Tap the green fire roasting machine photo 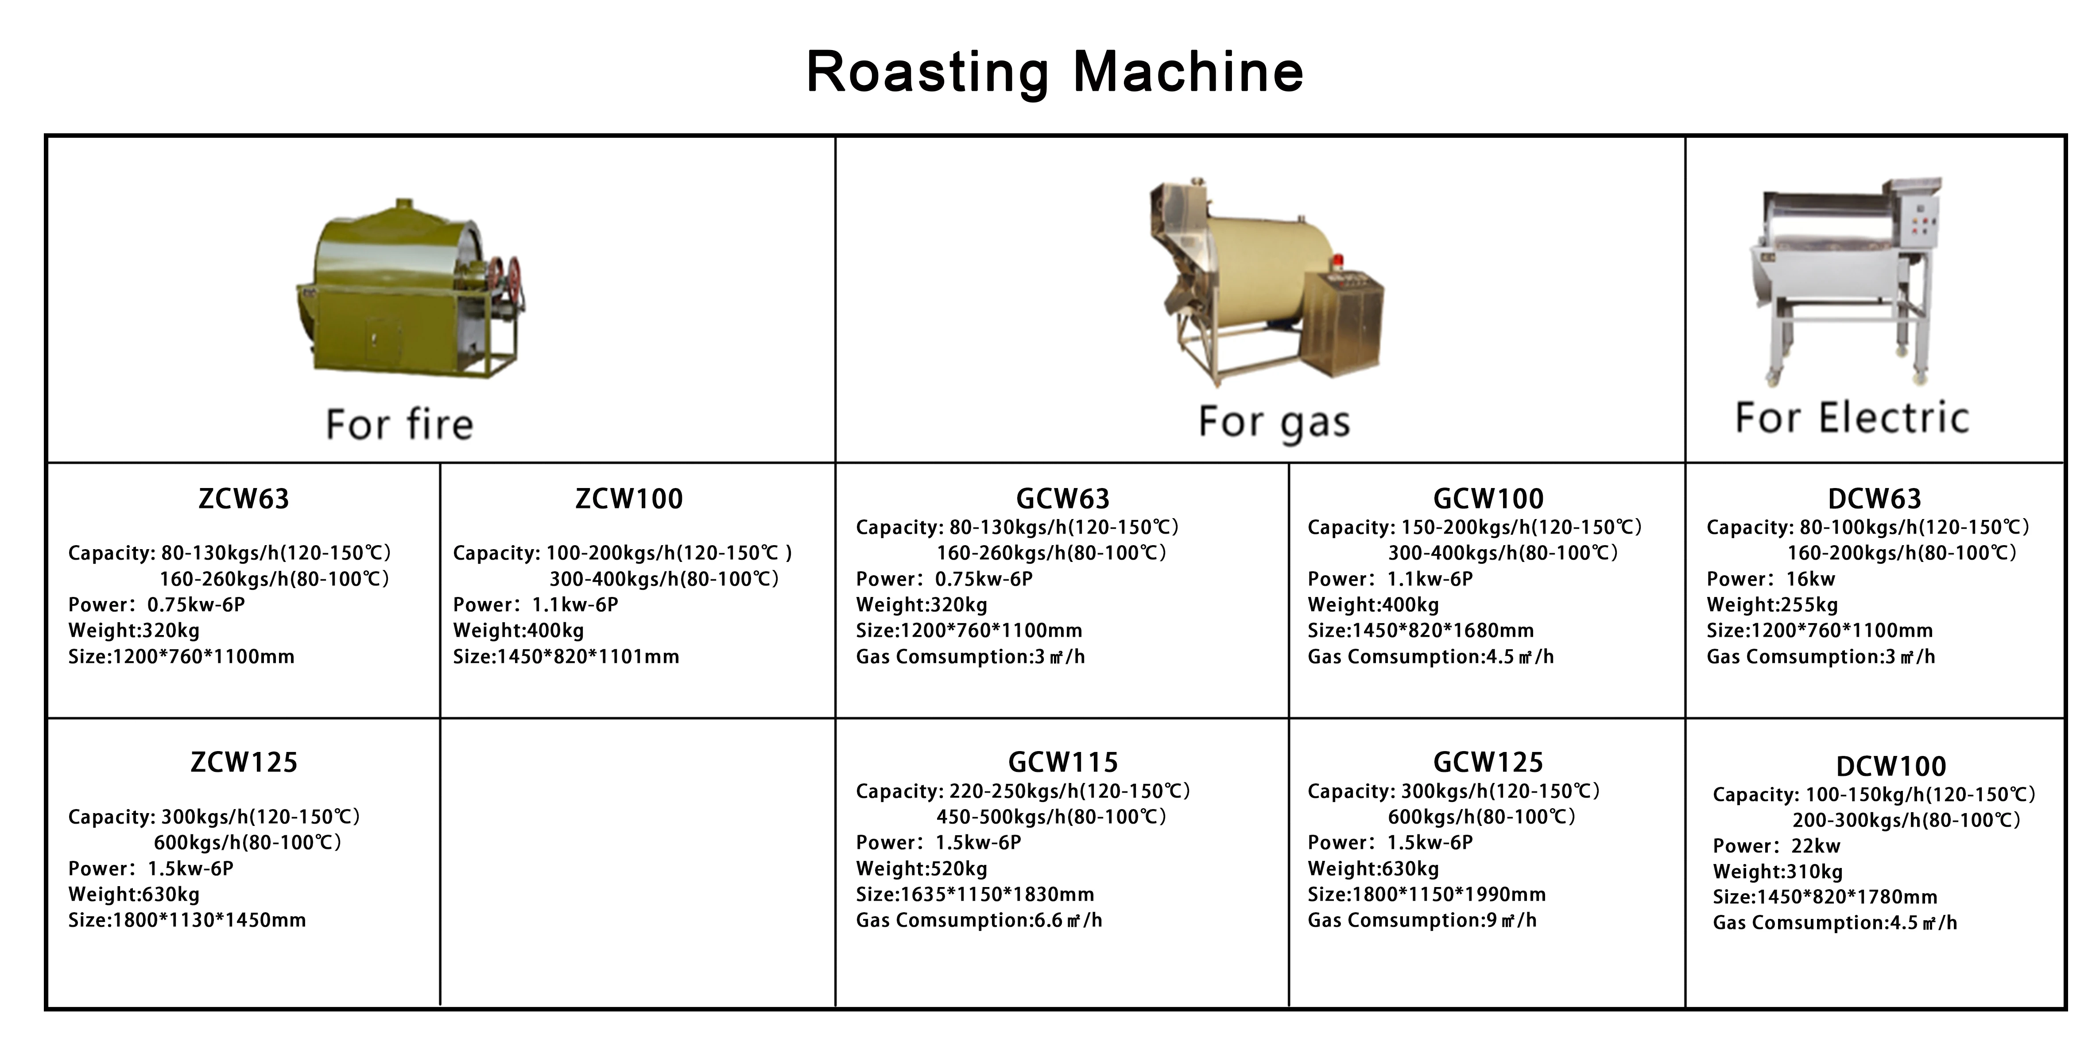click(x=406, y=292)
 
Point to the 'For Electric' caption click(x=1852, y=418)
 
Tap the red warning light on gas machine click(x=1337, y=261)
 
